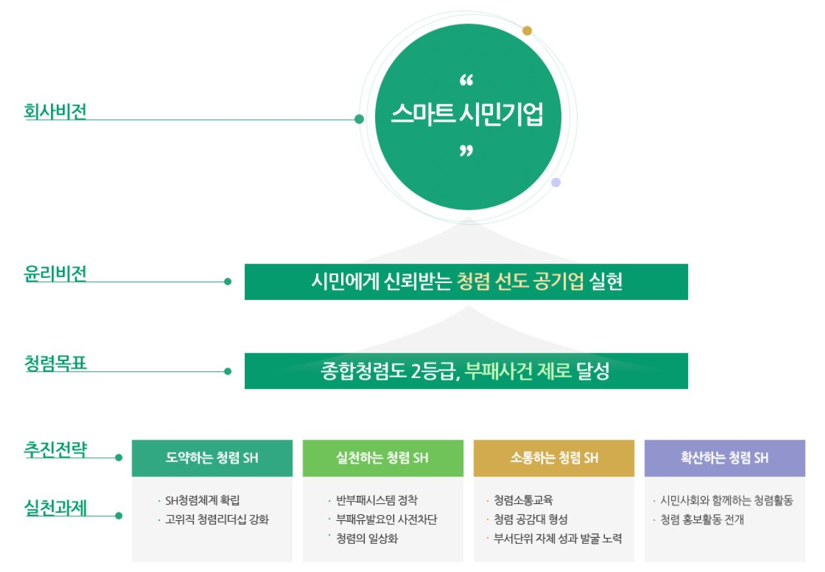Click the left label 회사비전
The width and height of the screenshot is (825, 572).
pos(55,111)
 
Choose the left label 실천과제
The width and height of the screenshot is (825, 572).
pos(55,506)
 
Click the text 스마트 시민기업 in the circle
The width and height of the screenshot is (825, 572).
pos(467,118)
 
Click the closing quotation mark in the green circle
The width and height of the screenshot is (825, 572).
pos(466,152)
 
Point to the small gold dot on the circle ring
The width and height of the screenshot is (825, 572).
pos(527,30)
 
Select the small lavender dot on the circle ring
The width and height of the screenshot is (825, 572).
pos(556,182)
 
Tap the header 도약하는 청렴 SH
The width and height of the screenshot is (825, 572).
pos(212,458)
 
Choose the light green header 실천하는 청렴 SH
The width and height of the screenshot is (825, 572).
pos(383,458)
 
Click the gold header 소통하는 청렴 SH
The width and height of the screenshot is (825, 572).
pos(554,458)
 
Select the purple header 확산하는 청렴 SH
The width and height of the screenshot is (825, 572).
pos(724,458)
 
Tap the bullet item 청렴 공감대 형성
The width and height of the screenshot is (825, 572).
pos(530,520)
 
